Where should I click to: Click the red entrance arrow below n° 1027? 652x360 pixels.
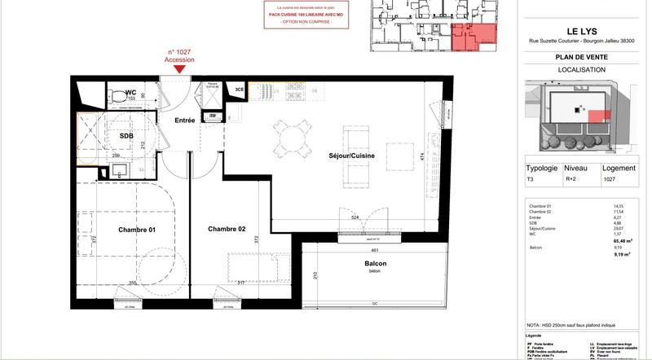[x=178, y=70]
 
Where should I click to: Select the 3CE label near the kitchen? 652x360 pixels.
[x=239, y=89]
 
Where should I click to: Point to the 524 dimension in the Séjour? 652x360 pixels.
[x=355, y=217]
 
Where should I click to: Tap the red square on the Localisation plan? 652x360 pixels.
[x=597, y=118]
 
